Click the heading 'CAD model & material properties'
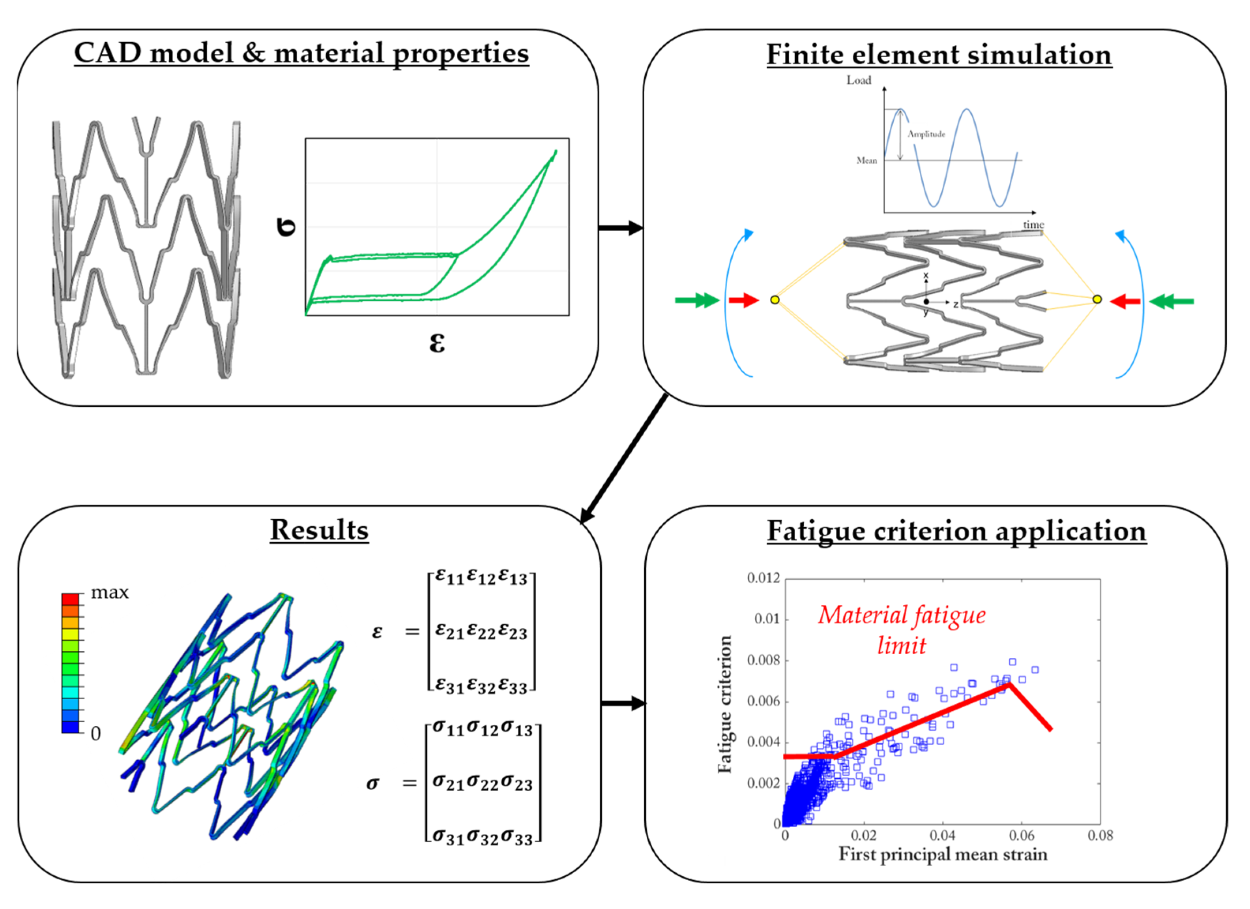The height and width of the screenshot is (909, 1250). tap(301, 53)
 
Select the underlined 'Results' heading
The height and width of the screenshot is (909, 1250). tap(319, 530)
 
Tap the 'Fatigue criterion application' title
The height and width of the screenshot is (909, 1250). tap(956, 531)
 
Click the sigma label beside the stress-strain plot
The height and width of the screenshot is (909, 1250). tap(286, 227)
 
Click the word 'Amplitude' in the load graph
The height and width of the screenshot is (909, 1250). tap(926, 134)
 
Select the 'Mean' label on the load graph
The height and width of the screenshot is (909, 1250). tap(866, 160)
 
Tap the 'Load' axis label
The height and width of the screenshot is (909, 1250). tap(859, 81)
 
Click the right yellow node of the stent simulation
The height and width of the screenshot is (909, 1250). tap(1097, 299)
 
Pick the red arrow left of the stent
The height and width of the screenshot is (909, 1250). tap(743, 300)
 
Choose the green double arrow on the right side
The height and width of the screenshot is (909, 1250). tap(1172, 301)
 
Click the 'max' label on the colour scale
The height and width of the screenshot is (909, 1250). tap(110, 592)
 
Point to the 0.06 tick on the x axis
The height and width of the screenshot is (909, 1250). tap(1021, 836)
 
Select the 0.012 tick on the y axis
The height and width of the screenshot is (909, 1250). tap(763, 578)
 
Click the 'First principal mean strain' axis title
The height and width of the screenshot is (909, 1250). tap(943, 855)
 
